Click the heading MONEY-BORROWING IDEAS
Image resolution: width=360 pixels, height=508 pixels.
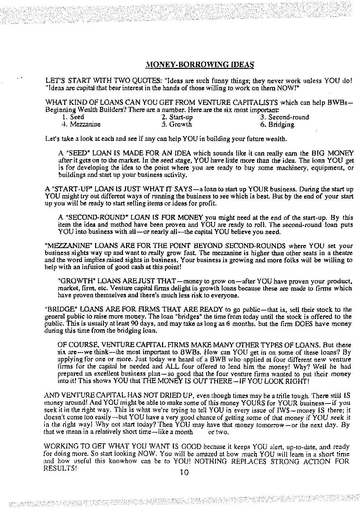(200, 64)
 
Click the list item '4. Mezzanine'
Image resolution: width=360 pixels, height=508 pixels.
(81, 124)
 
